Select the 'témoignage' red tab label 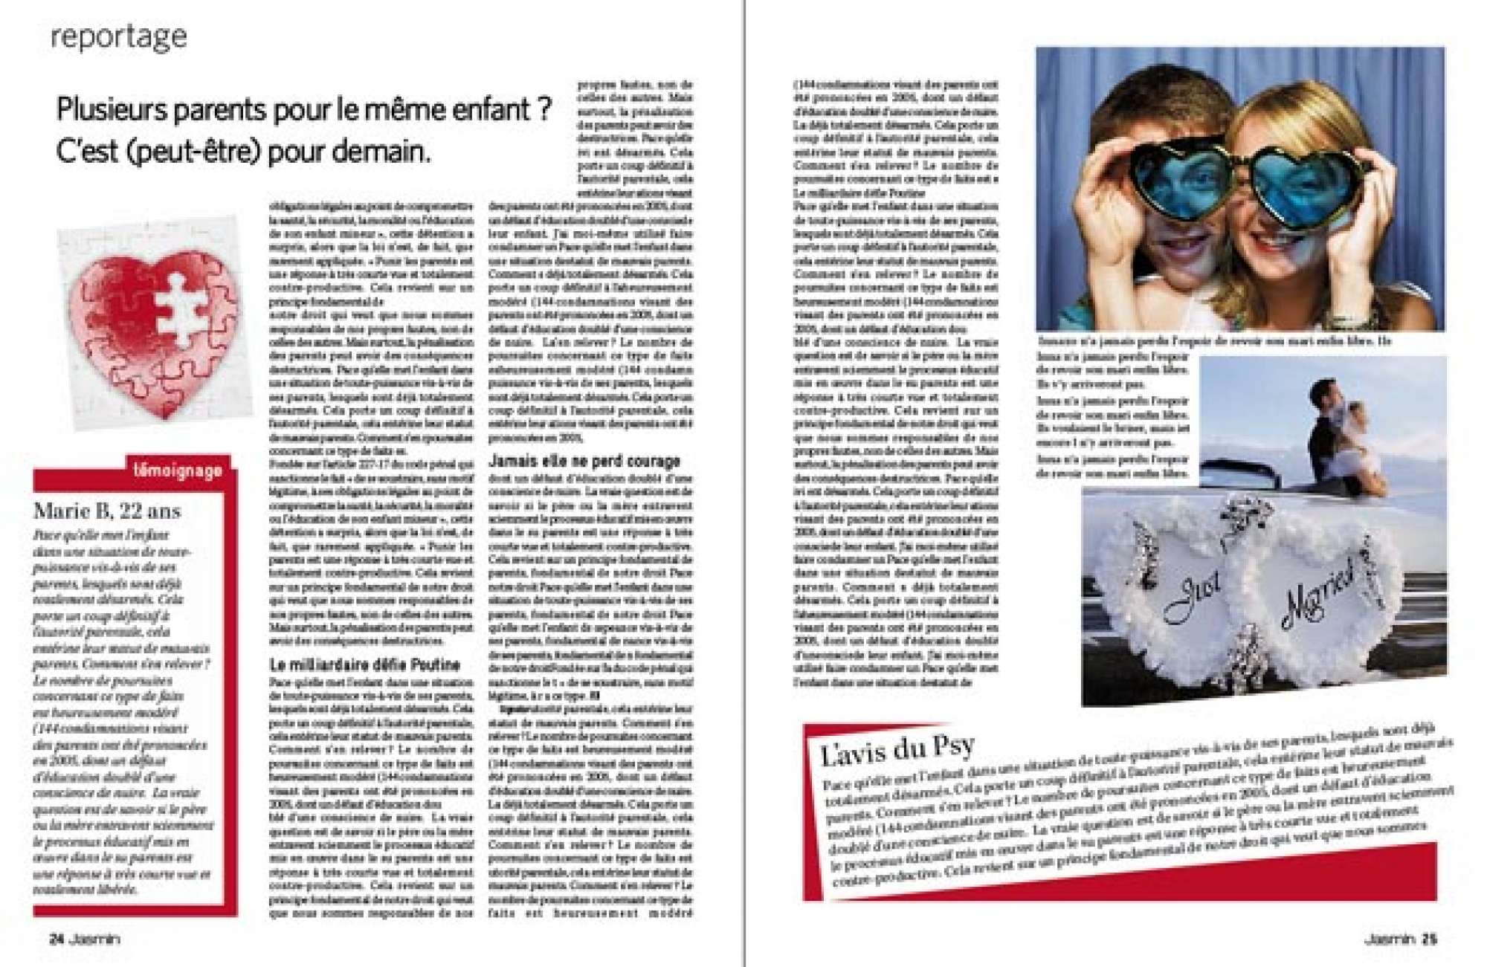pyautogui.click(x=178, y=470)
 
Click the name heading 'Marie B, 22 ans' pyautogui.click(x=107, y=511)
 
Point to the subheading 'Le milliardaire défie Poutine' pyautogui.click(x=364, y=664)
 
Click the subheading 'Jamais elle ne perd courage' pyautogui.click(x=584, y=461)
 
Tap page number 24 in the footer pyautogui.click(x=57, y=939)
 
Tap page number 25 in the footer pyautogui.click(x=1429, y=939)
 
